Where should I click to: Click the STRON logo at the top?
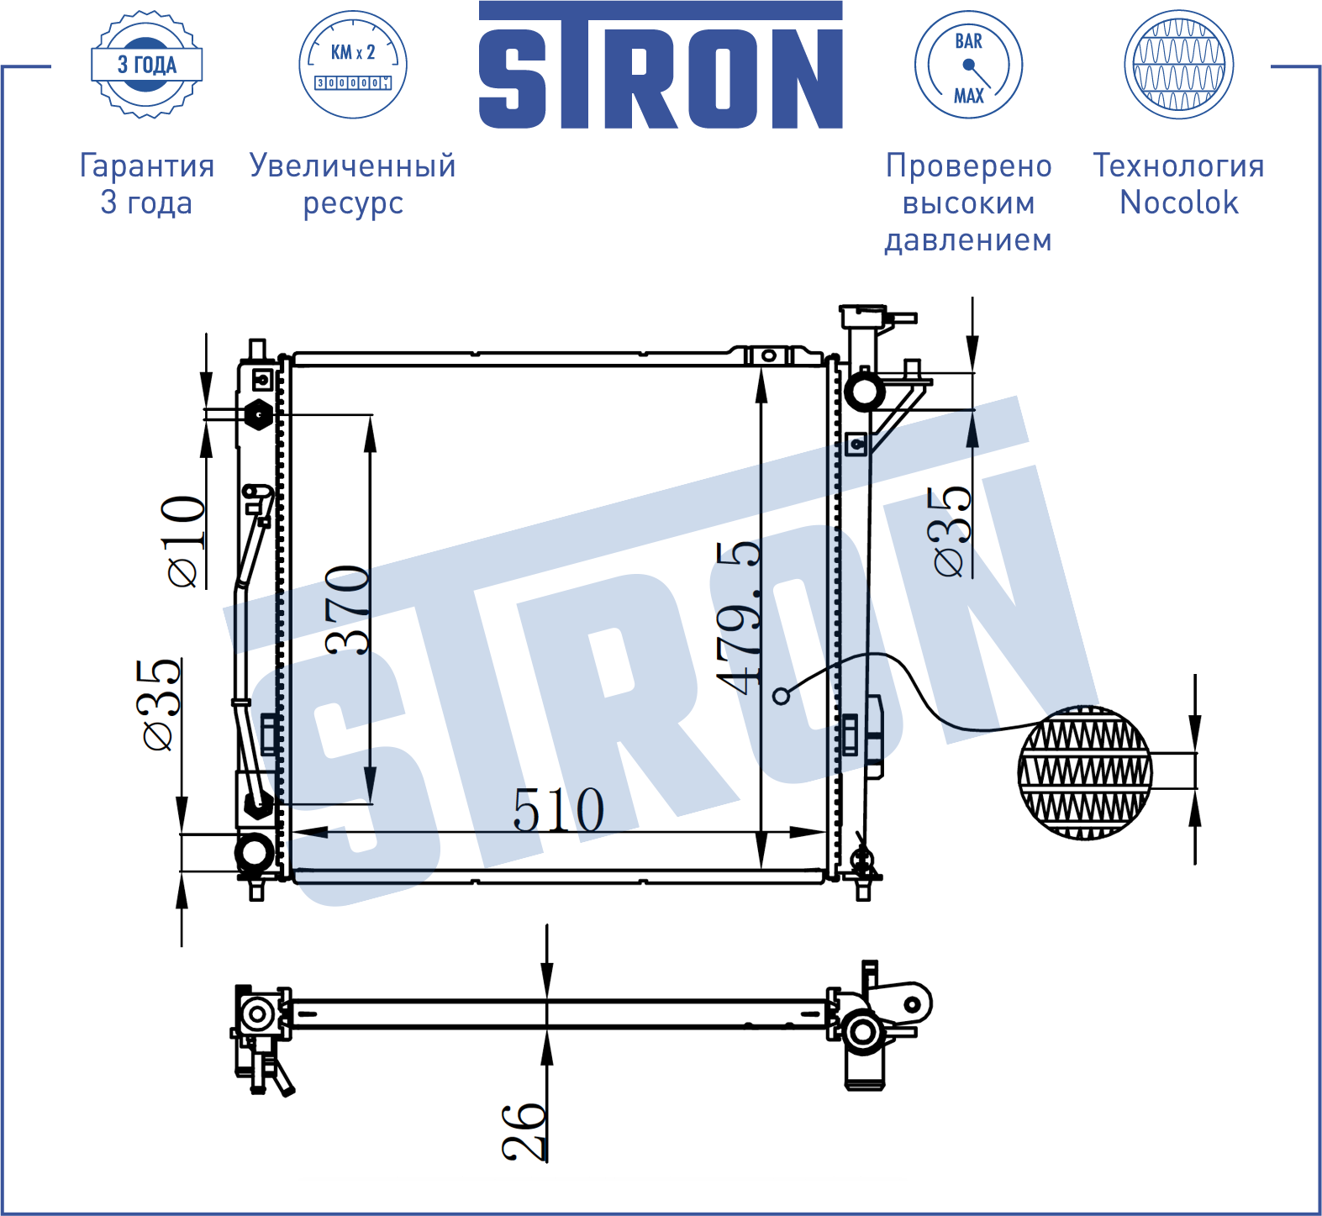click(661, 65)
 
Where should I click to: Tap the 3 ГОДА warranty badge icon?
click(147, 65)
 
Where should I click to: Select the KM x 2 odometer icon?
click(353, 65)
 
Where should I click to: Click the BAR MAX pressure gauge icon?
click(968, 65)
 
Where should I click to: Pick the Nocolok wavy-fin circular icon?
click(1179, 65)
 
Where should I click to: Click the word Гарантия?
click(147, 166)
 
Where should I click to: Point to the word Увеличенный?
click(353, 166)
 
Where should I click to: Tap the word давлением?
click(968, 240)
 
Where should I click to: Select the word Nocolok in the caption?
click(1179, 203)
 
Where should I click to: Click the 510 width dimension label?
click(559, 810)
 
